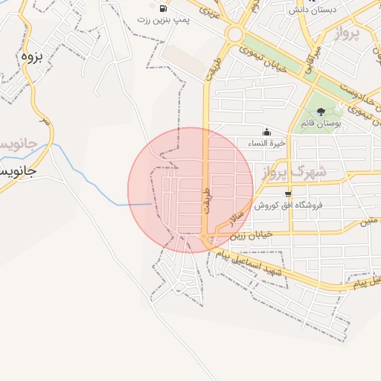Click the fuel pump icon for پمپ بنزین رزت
click(162, 8)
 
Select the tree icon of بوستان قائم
click(321, 112)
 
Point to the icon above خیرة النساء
click(266, 131)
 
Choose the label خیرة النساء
click(266, 142)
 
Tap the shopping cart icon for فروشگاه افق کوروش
click(287, 193)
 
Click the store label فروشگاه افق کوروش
click(286, 205)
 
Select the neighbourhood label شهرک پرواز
click(293, 173)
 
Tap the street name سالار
click(237, 217)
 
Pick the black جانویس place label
click(19, 171)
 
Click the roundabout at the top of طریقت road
click(236, 33)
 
